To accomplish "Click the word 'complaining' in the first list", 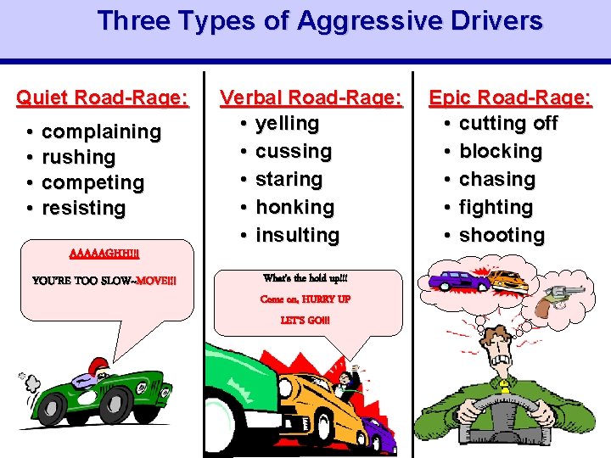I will (x=101, y=131).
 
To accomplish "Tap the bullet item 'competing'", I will (x=92, y=182).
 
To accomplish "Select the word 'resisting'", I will (x=83, y=208).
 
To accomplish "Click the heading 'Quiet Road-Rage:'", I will (x=103, y=98).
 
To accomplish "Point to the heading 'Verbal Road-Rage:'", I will (x=311, y=98).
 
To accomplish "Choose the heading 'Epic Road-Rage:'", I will (x=510, y=98).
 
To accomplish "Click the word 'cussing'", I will (x=294, y=151).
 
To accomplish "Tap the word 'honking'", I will (x=295, y=207).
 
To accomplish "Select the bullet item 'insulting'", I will (x=297, y=235).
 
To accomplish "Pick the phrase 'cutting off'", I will (x=508, y=123).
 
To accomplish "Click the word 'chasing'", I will (x=497, y=179).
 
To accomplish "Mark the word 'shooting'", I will (x=502, y=235).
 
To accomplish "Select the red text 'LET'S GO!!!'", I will (x=305, y=321).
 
